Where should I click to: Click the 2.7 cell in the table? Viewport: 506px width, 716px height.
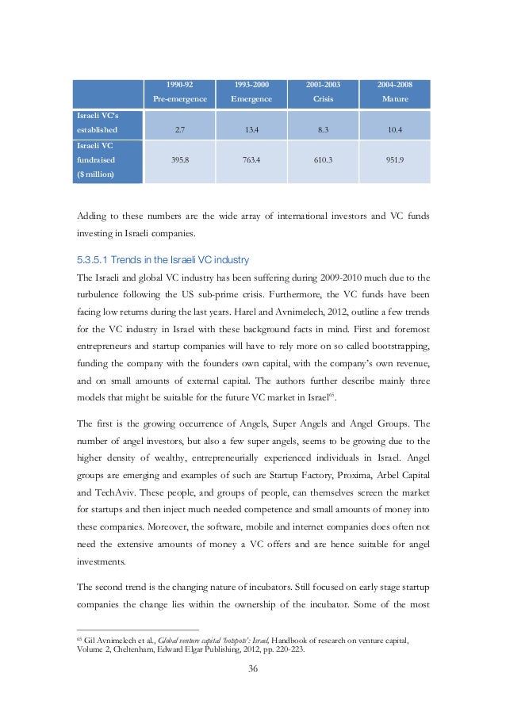(180, 129)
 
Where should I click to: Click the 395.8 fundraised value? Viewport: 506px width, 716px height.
(180, 159)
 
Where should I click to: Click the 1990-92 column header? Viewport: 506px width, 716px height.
(180, 84)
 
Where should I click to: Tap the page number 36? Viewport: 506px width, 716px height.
(253, 668)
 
